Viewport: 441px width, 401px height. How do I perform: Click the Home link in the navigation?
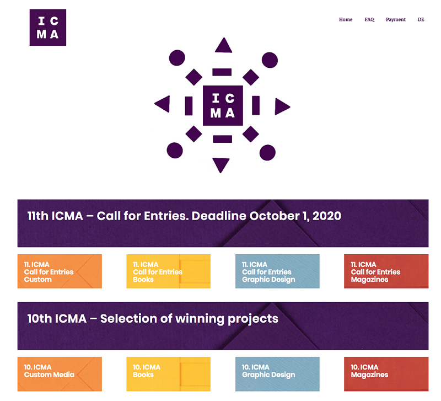click(346, 19)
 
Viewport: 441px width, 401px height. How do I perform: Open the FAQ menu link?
click(369, 19)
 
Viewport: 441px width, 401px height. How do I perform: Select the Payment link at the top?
click(395, 20)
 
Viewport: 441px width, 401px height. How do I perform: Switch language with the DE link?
click(421, 19)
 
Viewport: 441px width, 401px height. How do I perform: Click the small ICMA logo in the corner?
click(48, 27)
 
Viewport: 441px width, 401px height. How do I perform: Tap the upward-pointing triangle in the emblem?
click(224, 46)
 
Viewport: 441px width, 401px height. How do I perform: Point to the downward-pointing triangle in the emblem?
click(221, 165)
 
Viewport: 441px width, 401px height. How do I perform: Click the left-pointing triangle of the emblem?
click(163, 104)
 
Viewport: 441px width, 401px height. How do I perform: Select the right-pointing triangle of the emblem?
click(282, 106)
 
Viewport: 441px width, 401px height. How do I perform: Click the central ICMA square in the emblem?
click(223, 105)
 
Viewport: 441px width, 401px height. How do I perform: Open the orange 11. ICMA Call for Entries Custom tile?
click(60, 271)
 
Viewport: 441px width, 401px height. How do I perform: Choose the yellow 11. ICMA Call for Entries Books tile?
click(169, 271)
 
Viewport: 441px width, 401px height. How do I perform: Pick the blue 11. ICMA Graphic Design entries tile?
click(277, 271)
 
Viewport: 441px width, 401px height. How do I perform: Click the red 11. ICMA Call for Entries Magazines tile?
click(386, 271)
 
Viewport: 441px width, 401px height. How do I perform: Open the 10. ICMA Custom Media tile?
click(60, 374)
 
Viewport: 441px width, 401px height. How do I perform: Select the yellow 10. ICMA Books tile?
click(169, 374)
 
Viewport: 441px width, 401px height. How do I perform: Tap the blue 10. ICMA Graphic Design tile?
click(277, 374)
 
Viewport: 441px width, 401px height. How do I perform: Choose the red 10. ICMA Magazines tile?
click(386, 374)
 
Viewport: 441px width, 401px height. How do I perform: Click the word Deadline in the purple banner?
click(219, 216)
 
